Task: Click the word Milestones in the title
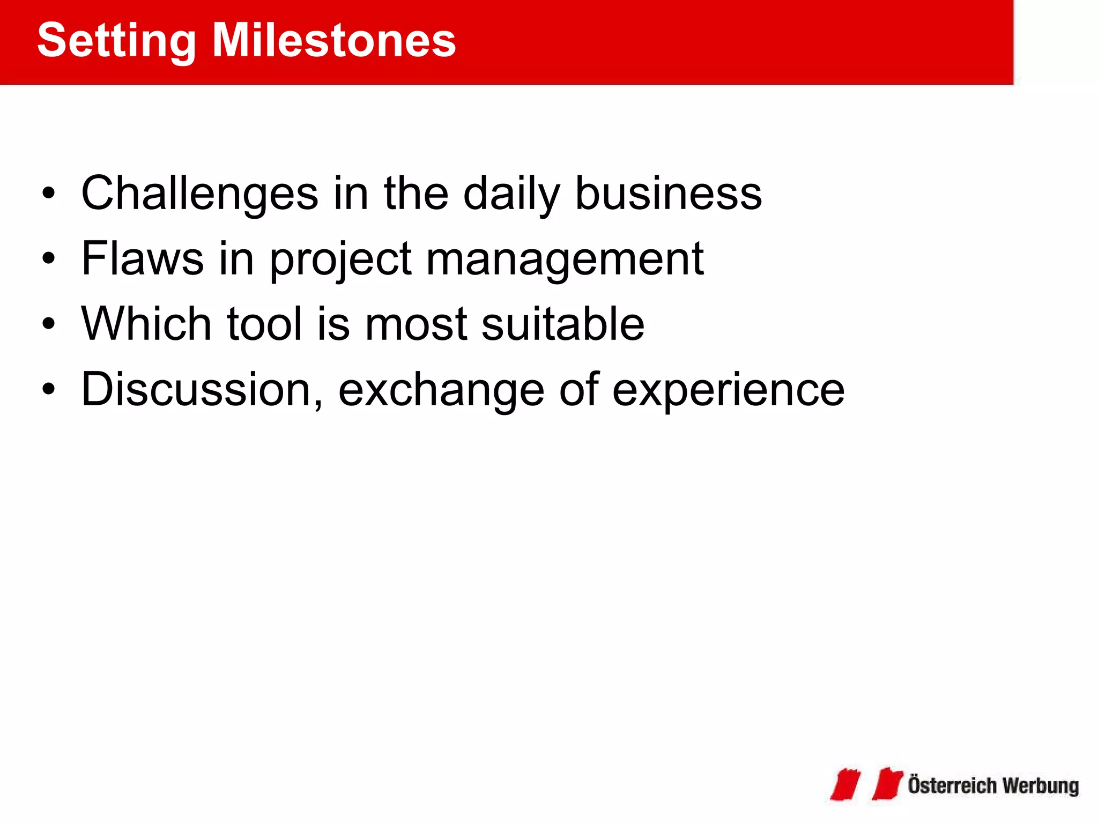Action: [x=333, y=41]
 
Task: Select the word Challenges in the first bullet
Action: [x=199, y=194]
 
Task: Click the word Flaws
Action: [x=142, y=259]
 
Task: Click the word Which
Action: [x=146, y=324]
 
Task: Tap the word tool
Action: [x=265, y=324]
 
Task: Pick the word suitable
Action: [x=562, y=324]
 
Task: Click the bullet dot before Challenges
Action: [x=49, y=194]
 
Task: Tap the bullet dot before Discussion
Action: [x=49, y=390]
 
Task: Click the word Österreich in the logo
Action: [x=952, y=785]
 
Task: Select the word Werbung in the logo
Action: [x=1040, y=786]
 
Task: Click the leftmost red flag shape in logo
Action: [x=845, y=784]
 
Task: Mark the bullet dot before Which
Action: [x=49, y=324]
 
